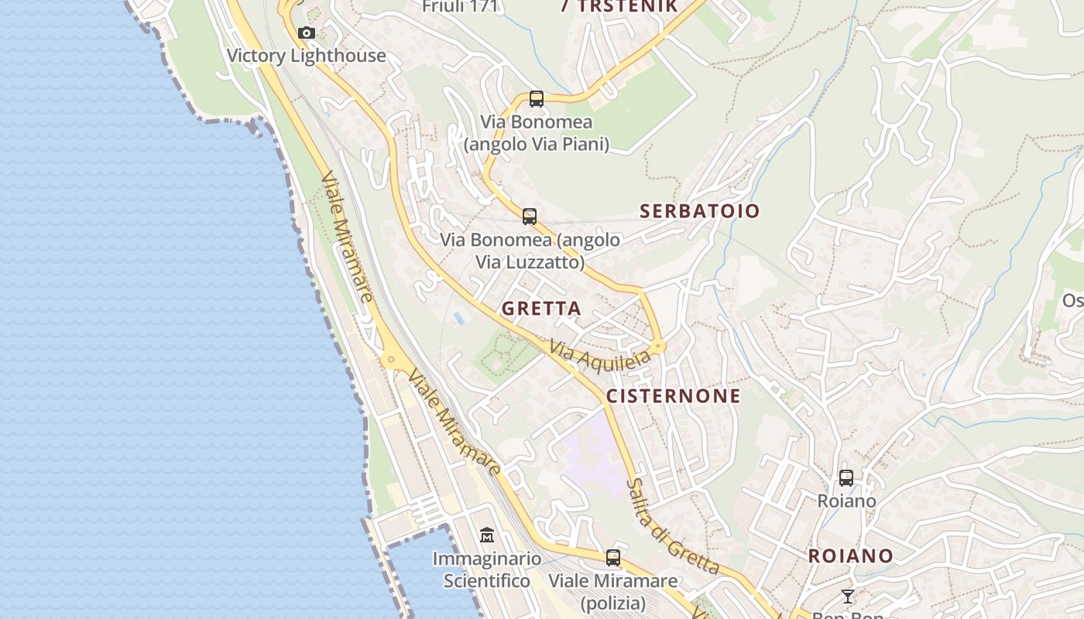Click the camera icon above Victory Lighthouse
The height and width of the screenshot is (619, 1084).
click(307, 33)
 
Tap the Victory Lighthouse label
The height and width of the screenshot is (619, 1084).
click(307, 56)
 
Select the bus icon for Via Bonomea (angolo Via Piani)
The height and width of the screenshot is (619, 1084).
click(537, 99)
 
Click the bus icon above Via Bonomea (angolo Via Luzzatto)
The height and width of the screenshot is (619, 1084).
click(530, 217)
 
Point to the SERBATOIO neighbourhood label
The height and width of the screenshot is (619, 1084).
click(700, 210)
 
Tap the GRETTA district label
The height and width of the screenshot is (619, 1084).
click(541, 308)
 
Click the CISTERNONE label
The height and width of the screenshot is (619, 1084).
click(673, 396)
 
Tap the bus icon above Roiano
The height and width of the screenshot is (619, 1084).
click(846, 478)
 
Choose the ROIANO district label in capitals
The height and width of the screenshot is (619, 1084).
click(851, 556)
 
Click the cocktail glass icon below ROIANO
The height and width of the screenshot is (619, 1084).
click(848, 596)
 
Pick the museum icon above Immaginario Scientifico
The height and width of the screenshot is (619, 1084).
click(487, 535)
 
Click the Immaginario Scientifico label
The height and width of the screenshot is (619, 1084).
click(487, 569)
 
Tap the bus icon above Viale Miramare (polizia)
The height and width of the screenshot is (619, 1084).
click(613, 557)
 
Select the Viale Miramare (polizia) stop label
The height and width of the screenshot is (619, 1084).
click(613, 592)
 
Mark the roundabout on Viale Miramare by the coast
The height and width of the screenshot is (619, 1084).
click(392, 359)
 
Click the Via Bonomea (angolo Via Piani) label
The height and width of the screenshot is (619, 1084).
click(537, 133)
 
